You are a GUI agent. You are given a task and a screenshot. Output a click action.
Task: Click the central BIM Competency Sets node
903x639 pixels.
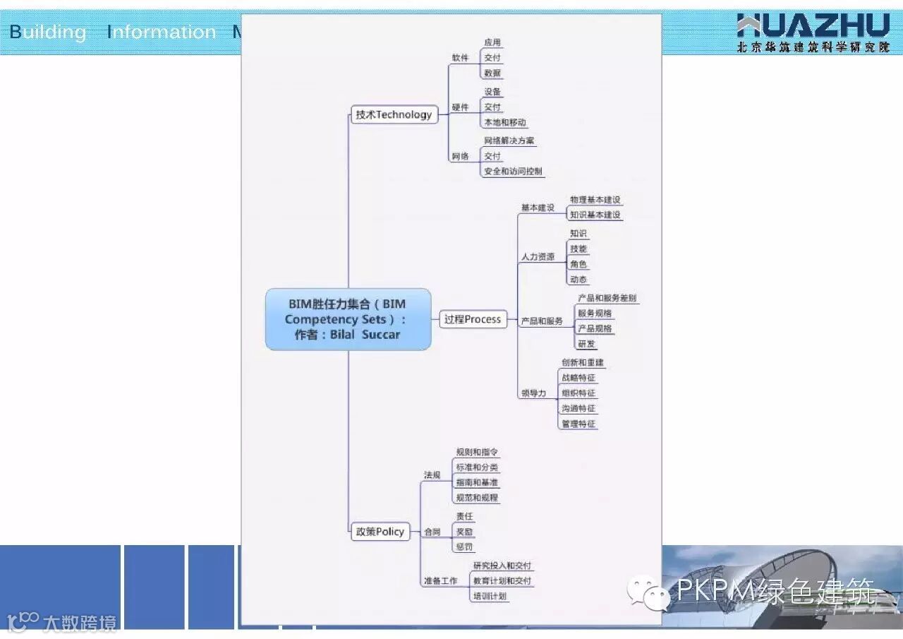tap(348, 319)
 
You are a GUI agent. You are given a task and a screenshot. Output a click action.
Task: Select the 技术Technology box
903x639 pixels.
tap(394, 114)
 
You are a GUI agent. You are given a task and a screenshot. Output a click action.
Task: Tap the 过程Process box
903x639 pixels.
tap(472, 319)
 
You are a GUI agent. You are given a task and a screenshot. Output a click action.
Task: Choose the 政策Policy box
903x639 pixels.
tap(380, 532)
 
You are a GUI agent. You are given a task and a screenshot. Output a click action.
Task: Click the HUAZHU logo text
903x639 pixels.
tap(813, 26)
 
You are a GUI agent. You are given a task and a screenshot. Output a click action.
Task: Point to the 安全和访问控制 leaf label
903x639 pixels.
tap(513, 172)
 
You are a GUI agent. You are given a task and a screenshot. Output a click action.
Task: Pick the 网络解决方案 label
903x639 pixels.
tap(509, 141)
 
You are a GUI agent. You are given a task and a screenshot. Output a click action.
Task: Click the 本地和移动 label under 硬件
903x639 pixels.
tap(504, 123)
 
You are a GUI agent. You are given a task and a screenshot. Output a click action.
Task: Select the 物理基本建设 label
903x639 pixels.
tap(595, 201)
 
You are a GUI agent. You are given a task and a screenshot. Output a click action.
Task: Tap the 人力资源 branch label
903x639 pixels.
tap(538, 257)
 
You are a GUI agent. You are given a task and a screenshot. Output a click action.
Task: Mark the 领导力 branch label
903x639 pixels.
tap(533, 393)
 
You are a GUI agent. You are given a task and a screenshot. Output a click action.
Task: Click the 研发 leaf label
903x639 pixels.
tap(586, 345)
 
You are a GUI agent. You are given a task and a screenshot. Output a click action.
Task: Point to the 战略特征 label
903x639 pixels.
tap(578, 378)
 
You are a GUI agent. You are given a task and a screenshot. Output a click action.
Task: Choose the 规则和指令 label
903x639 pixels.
tap(478, 453)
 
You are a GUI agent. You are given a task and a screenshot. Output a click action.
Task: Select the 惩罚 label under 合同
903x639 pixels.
tap(464, 547)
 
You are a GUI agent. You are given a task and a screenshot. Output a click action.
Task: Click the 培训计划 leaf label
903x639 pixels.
tap(489, 596)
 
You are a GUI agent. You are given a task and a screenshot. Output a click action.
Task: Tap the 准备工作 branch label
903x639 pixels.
tap(440, 581)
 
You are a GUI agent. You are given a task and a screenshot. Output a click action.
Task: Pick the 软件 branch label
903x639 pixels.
tap(460, 58)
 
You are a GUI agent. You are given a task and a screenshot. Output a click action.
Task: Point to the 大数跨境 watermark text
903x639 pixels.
tap(80, 623)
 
